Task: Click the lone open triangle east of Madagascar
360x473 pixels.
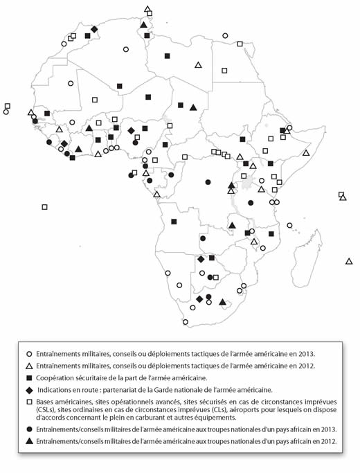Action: pos(349,261)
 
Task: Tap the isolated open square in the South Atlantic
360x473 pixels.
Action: pos(44,206)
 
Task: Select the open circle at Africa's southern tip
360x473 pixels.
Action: pos(185,322)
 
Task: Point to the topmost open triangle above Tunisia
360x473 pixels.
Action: pos(147,10)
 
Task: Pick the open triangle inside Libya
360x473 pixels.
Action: pos(198,65)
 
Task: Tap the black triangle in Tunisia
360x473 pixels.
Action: pos(143,25)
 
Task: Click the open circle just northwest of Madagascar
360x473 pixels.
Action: pos(289,224)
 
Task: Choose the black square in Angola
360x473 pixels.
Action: pos(174,222)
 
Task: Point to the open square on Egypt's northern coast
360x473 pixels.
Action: pos(240,44)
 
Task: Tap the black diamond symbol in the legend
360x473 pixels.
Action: pos(30,389)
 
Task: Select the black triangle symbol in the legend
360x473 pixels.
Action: pos(30,440)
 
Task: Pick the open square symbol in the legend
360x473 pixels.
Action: pos(30,402)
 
